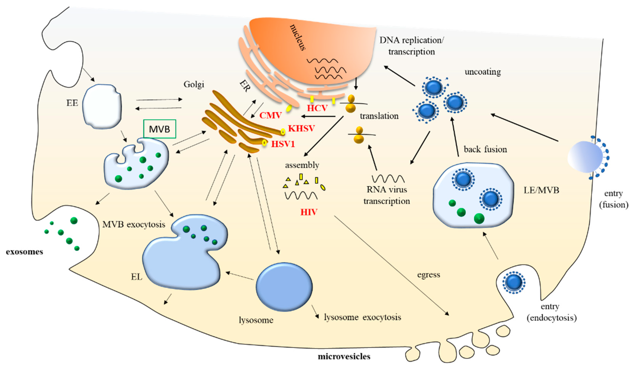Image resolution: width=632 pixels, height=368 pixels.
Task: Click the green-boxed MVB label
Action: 160,129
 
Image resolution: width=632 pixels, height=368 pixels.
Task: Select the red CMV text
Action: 271,115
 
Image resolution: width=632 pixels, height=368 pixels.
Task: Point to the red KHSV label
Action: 301,128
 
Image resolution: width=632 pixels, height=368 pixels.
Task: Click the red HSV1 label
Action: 283,144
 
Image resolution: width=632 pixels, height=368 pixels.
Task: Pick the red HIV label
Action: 309,212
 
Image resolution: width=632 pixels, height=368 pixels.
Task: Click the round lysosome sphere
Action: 284,287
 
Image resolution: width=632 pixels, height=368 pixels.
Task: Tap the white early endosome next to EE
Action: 102,106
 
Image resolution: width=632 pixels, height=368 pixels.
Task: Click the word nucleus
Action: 298,37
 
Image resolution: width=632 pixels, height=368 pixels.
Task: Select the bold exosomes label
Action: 25,252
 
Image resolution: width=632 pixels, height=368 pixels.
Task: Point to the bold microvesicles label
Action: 344,357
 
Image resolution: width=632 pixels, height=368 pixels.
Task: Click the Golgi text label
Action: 194,85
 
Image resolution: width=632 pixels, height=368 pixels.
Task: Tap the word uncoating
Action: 483,72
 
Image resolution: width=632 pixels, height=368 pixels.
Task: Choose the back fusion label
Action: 485,149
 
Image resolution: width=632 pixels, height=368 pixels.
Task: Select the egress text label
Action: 429,275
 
